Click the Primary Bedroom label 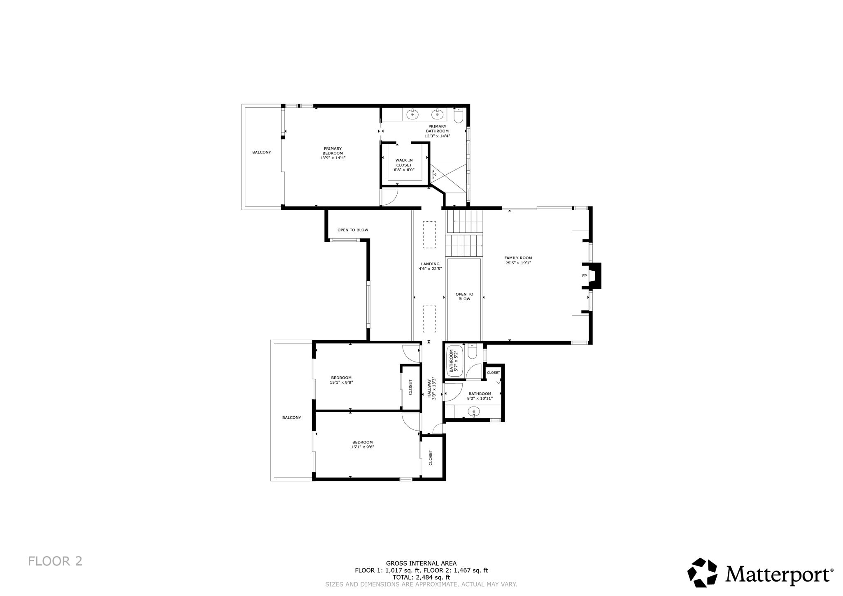coord(333,151)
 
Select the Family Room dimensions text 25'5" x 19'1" coord(518,262)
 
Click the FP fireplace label coord(584,276)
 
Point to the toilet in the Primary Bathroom coord(459,116)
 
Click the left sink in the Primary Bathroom coord(412,114)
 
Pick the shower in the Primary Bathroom coord(448,178)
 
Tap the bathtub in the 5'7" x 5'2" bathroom coord(455,361)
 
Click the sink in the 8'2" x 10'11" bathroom coord(474,411)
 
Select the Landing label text coord(430,264)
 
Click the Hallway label coord(429,388)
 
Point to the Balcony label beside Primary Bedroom coord(262,152)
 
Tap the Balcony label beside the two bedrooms coord(291,417)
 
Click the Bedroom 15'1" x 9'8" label coord(341,378)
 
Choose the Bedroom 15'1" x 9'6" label coord(362,442)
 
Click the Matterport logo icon coord(703,573)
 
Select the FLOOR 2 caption coord(55,561)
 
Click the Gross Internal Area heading coord(421,564)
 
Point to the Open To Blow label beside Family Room coord(464,296)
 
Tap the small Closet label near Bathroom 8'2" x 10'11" coord(494,373)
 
